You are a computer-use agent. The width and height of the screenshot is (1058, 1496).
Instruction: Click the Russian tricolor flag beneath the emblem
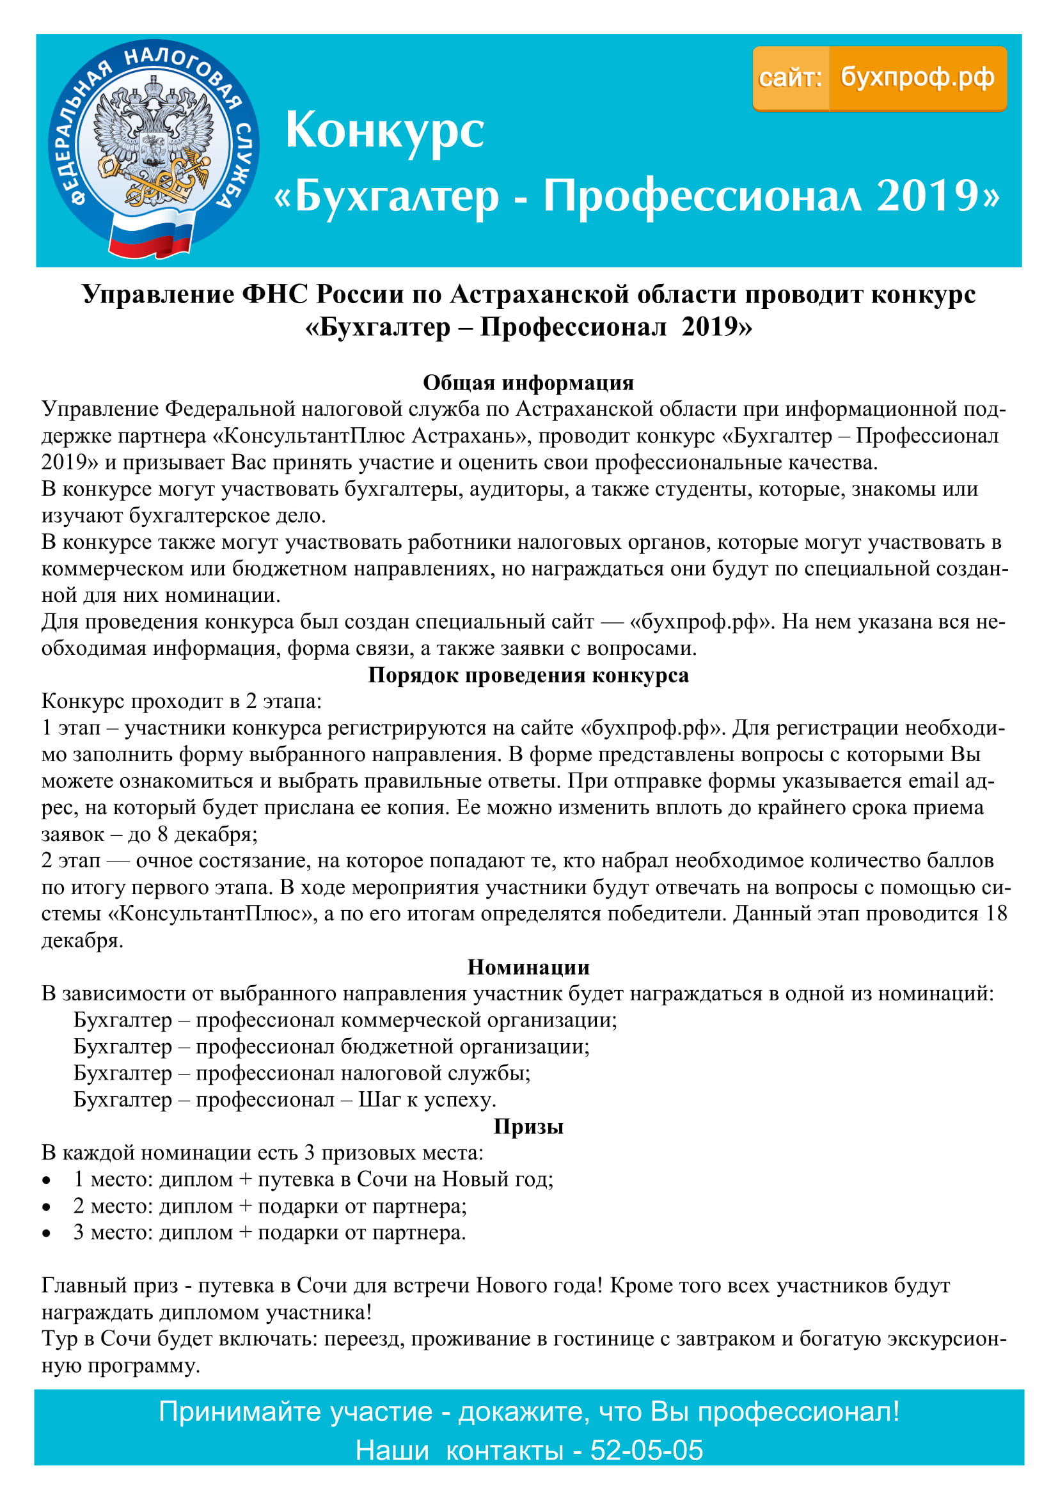click(150, 237)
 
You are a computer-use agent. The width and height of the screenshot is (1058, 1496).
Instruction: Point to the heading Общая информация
click(528, 382)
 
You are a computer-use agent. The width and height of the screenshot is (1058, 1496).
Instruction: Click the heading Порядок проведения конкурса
click(528, 675)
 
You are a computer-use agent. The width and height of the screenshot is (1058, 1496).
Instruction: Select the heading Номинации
click(528, 968)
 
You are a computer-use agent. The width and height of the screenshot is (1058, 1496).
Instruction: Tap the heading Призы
click(528, 1126)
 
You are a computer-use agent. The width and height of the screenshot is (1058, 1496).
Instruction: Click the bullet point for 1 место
click(46, 1180)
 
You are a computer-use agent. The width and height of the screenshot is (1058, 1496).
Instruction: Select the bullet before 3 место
click(46, 1233)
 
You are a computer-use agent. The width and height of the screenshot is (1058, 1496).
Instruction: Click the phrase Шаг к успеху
click(427, 1100)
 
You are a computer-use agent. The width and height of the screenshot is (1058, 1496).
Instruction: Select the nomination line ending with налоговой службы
click(302, 1073)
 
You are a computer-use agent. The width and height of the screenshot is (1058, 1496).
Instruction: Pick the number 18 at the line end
click(996, 914)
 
